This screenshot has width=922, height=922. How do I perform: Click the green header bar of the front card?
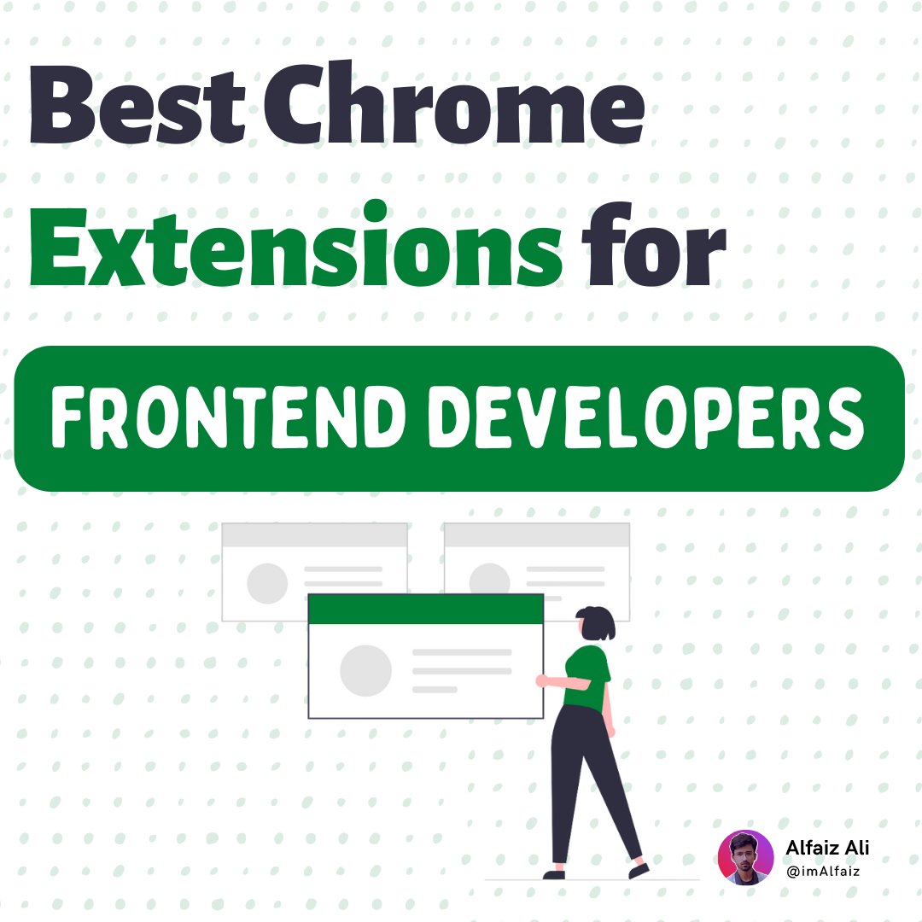pos(425,609)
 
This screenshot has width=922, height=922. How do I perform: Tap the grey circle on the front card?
pos(365,671)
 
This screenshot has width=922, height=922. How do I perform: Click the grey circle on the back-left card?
pos(267,583)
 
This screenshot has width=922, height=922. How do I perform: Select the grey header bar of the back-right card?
pos(536,535)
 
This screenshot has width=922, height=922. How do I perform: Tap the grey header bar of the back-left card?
pos(314,535)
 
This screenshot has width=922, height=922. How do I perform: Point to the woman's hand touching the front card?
pos(541,680)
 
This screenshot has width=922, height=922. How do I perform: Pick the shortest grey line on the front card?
pos(435,689)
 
